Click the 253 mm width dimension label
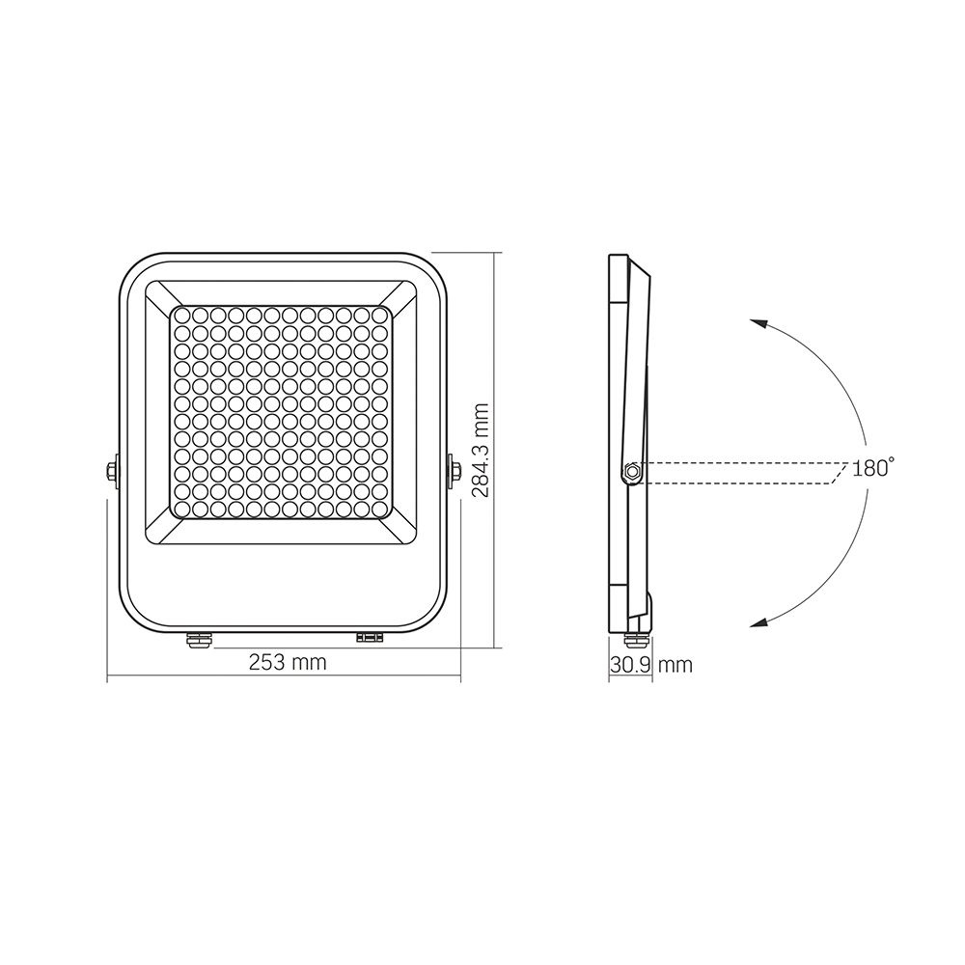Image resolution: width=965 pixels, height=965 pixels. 288,663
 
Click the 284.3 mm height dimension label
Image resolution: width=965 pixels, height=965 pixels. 481,450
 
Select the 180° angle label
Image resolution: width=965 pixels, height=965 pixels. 872,469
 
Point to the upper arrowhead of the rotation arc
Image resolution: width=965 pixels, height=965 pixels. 757,324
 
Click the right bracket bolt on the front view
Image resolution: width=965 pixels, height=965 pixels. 455,472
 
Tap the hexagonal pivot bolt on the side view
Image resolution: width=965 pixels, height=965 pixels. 630,472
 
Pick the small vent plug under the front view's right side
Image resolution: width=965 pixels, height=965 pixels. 370,637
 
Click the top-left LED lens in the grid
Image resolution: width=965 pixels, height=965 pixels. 179,316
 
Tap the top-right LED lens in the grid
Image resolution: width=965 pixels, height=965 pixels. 385,316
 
